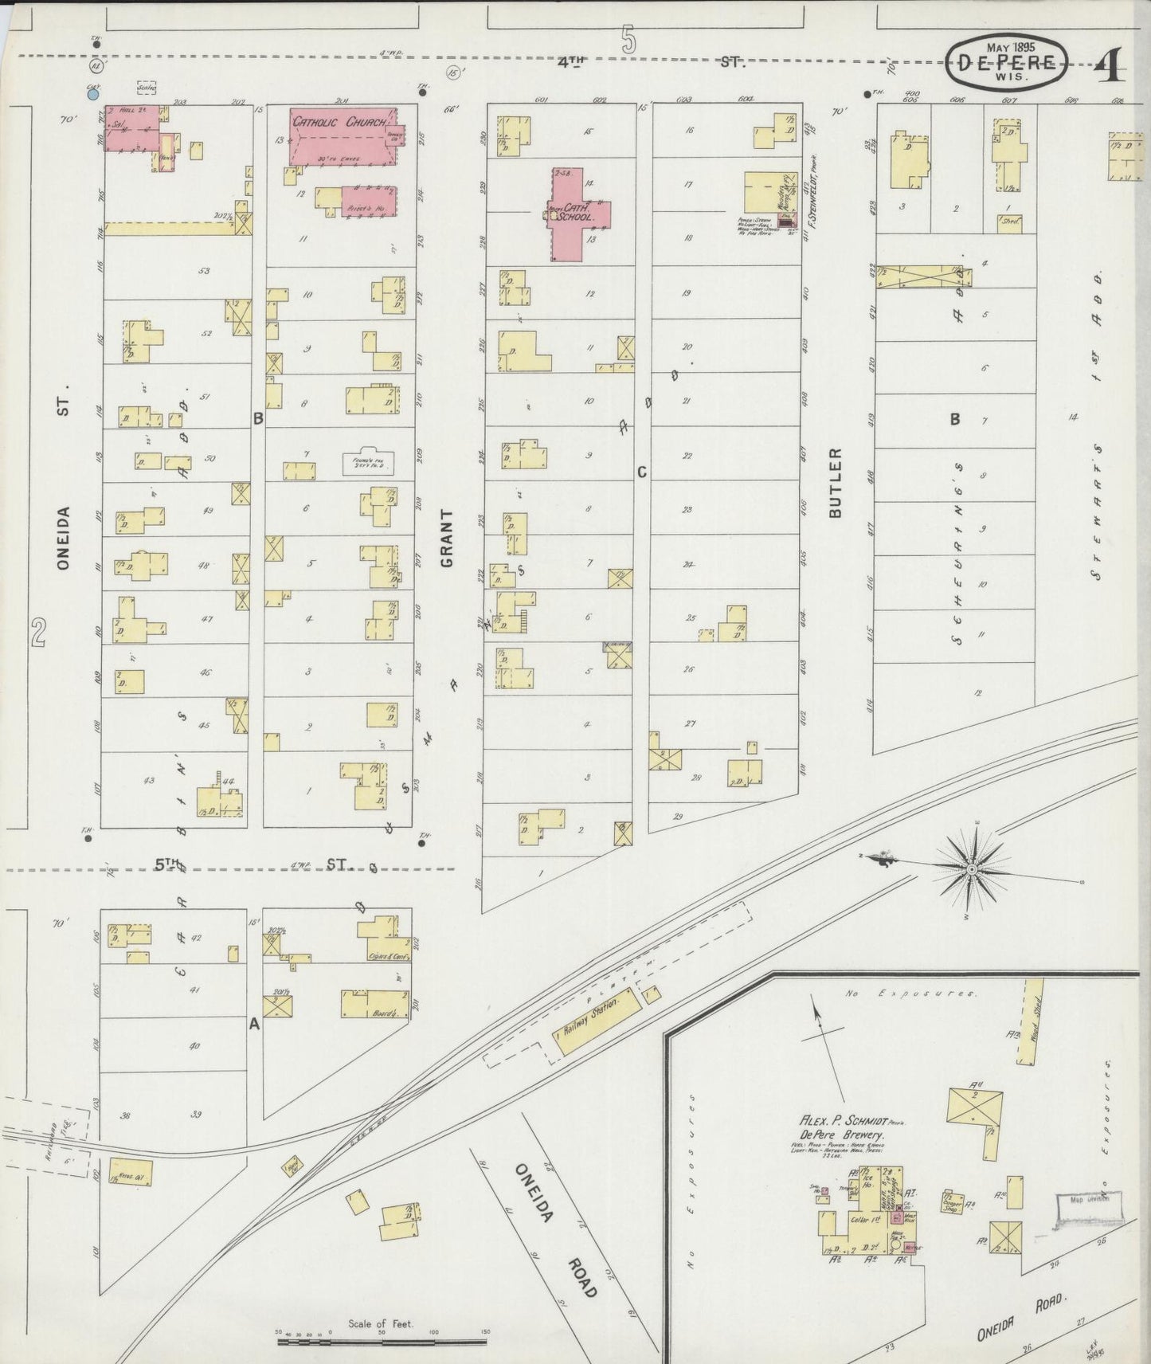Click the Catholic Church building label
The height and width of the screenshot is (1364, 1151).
(339, 122)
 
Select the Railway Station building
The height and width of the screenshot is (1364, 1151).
(597, 1021)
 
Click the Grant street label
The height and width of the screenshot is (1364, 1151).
(446, 539)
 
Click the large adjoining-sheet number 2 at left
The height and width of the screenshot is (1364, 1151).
(37, 633)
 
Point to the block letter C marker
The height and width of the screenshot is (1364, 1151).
(641, 472)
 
